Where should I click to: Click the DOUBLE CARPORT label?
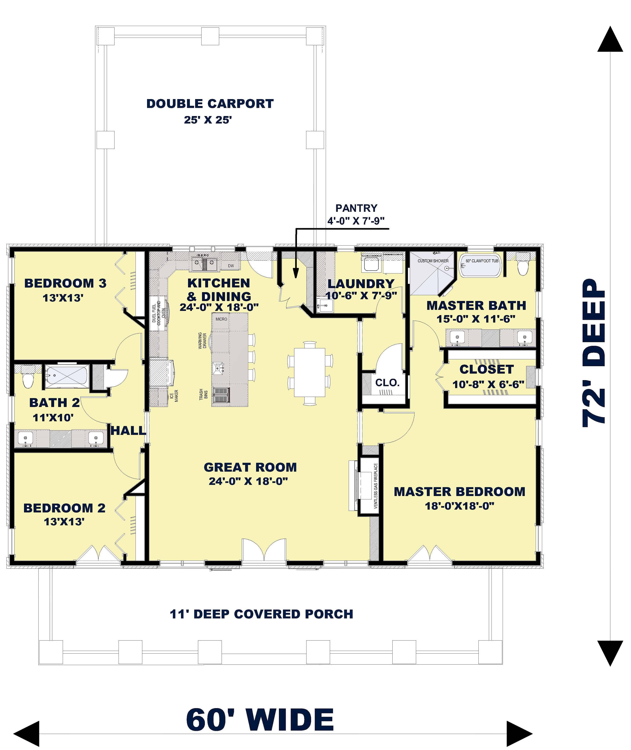[210, 104]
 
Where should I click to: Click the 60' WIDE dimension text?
[260, 720]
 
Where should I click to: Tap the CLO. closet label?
[387, 383]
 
